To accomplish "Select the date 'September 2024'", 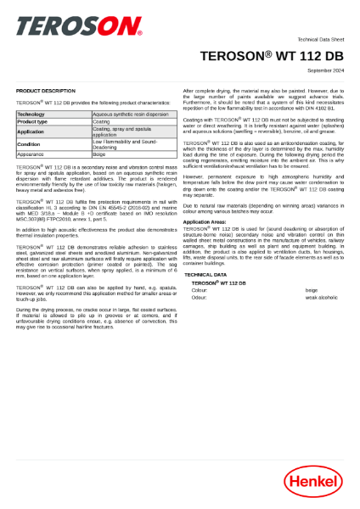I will point(323,70).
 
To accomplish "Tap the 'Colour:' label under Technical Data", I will point(200,290).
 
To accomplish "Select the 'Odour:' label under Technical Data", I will point(200,298).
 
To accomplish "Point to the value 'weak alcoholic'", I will point(323,298).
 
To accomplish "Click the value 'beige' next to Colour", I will point(312,290).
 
